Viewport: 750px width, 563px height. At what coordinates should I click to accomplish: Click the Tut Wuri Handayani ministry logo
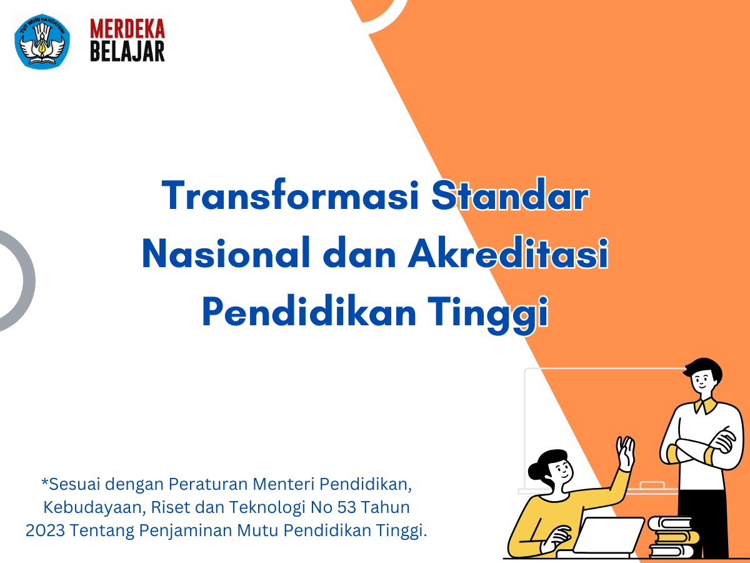pyautogui.click(x=42, y=41)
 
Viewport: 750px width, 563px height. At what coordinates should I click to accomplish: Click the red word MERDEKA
pyautogui.click(x=127, y=29)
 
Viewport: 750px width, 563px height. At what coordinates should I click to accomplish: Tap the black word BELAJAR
pyautogui.click(x=127, y=52)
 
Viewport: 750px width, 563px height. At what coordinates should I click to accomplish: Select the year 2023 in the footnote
pyautogui.click(x=45, y=530)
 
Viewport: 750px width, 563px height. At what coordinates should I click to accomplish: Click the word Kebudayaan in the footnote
pyautogui.click(x=94, y=507)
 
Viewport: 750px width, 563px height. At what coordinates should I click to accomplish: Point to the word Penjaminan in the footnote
pyautogui.click(x=186, y=531)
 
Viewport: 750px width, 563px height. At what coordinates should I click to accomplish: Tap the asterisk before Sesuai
pyautogui.click(x=45, y=481)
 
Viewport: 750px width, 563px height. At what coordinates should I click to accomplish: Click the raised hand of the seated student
pyautogui.click(x=625, y=453)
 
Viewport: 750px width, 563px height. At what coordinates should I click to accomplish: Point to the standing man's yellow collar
pyautogui.click(x=705, y=405)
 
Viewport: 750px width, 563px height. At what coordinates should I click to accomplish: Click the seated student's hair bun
pyautogui.click(x=536, y=472)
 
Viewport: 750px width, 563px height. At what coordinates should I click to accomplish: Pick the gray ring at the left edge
pyautogui.click(x=29, y=281)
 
